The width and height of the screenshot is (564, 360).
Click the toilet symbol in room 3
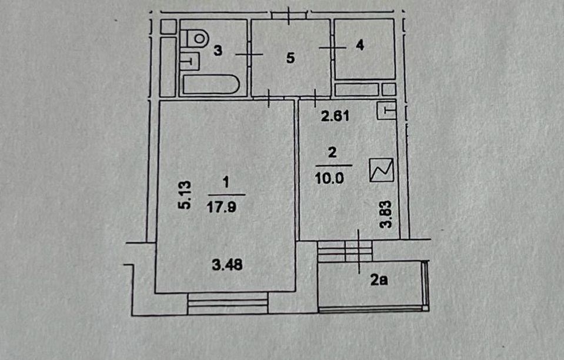pos(195,38)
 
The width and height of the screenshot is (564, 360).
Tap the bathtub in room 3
pos(211,85)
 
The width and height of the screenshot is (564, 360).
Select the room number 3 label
pos(218,51)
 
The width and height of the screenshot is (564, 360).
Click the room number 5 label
pos(291,58)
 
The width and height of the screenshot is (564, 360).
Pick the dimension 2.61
pos(335,116)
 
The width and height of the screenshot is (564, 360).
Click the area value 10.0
pos(329,178)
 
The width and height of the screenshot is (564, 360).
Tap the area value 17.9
pos(222,207)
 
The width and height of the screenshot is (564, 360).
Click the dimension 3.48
pos(228,265)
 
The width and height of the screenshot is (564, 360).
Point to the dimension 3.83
pos(386,214)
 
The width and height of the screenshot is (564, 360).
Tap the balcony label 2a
pos(379,280)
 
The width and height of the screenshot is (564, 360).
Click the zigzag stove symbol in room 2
pos(382,170)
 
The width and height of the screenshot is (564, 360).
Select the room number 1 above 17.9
pos(226,182)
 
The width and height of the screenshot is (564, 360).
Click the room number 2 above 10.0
pos(332,152)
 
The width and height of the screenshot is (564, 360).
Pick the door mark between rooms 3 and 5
pos(249,54)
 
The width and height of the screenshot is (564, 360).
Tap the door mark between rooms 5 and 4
pos(332,48)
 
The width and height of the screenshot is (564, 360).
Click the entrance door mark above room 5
pos(289,15)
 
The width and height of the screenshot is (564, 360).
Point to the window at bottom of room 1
pos(228,303)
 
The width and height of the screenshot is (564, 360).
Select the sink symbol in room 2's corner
pos(386,111)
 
